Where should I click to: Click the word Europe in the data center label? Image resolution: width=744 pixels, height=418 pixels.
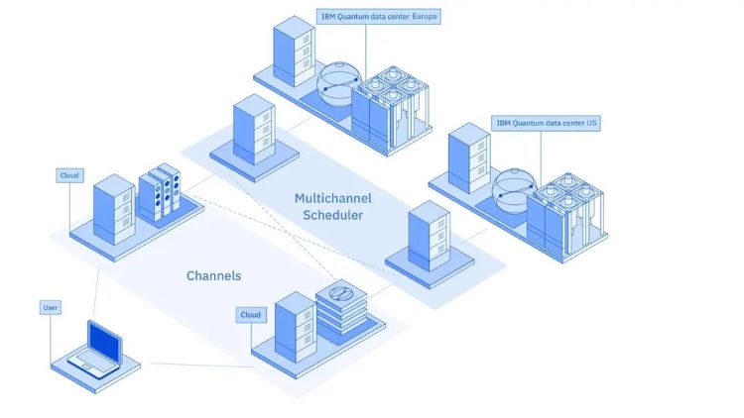tap(424, 17)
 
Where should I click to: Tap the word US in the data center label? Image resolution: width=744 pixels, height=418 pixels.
tap(591, 123)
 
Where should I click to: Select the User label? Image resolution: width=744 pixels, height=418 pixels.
tap(51, 308)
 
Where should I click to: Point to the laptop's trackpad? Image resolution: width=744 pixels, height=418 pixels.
tap(86, 366)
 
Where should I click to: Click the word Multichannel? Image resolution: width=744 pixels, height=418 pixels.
tap(333, 198)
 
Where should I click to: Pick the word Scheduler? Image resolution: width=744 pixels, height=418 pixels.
tap(333, 215)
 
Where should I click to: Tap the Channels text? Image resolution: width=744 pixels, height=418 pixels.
tap(213, 275)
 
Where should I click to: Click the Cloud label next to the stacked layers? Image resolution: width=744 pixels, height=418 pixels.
tap(251, 315)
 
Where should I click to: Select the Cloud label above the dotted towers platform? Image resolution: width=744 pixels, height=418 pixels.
tap(69, 175)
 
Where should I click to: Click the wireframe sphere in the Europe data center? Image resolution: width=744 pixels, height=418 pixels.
tap(339, 84)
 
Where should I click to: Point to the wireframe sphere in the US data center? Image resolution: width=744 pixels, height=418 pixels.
tap(514, 190)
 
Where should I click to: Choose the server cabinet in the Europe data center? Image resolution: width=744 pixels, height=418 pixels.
tap(295, 52)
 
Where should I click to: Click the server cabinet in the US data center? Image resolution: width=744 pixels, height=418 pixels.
tap(469, 158)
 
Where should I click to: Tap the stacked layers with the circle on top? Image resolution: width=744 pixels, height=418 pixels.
tap(341, 306)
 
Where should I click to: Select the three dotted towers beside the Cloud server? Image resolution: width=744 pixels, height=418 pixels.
tap(160, 192)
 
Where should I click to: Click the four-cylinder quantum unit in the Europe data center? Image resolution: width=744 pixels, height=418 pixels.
tap(391, 107)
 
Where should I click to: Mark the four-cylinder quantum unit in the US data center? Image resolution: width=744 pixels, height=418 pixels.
tap(566, 214)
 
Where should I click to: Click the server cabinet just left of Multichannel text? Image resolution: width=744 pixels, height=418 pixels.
tap(254, 130)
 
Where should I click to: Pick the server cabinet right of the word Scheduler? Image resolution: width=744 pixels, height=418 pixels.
tap(429, 236)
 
